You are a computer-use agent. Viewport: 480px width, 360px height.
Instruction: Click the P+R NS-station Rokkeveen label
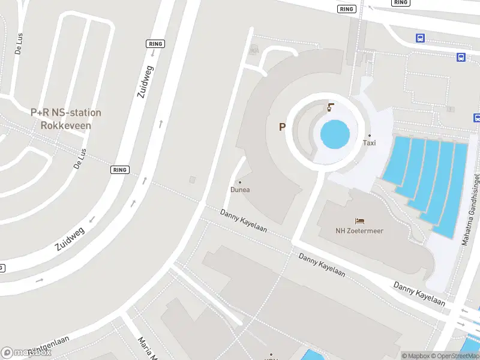66,119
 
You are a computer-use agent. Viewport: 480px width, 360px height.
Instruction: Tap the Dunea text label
240,190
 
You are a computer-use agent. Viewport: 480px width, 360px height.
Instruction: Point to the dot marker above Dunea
240,182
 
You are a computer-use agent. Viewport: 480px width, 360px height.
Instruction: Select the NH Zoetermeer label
359,230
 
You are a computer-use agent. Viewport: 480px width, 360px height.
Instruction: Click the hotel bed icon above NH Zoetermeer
359,221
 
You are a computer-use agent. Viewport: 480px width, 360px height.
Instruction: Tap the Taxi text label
370,143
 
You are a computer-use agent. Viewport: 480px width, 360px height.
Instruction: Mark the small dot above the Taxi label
370,136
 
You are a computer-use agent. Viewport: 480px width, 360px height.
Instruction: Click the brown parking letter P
282,127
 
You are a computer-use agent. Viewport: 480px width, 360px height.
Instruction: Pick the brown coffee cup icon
330,108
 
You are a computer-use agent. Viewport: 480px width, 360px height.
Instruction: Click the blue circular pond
335,134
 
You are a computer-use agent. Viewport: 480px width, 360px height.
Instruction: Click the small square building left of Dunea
192,179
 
